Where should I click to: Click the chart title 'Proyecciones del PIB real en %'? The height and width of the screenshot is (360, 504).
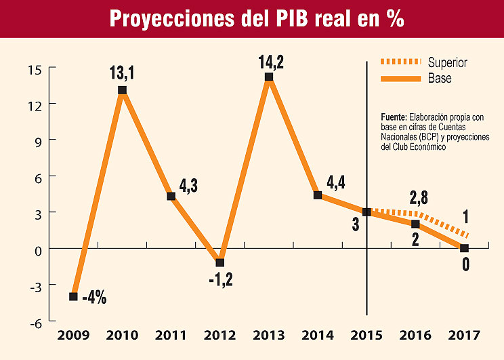pyautogui.click(x=257, y=19)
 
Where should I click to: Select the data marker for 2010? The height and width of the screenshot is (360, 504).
pyautogui.click(x=122, y=90)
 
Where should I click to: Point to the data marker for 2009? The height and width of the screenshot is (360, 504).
pyautogui.click(x=73, y=296)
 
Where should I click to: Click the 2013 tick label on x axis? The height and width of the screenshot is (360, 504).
pyautogui.click(x=268, y=335)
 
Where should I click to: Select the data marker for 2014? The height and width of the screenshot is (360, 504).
pyautogui.click(x=318, y=195)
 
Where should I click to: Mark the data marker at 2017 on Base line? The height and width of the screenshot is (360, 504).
pyautogui.click(x=464, y=248)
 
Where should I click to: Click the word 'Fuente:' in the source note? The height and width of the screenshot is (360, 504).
pyautogui.click(x=394, y=117)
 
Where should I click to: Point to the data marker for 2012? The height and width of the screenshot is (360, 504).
pyautogui.click(x=220, y=263)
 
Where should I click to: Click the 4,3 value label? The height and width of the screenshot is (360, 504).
pyautogui.click(x=188, y=186)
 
